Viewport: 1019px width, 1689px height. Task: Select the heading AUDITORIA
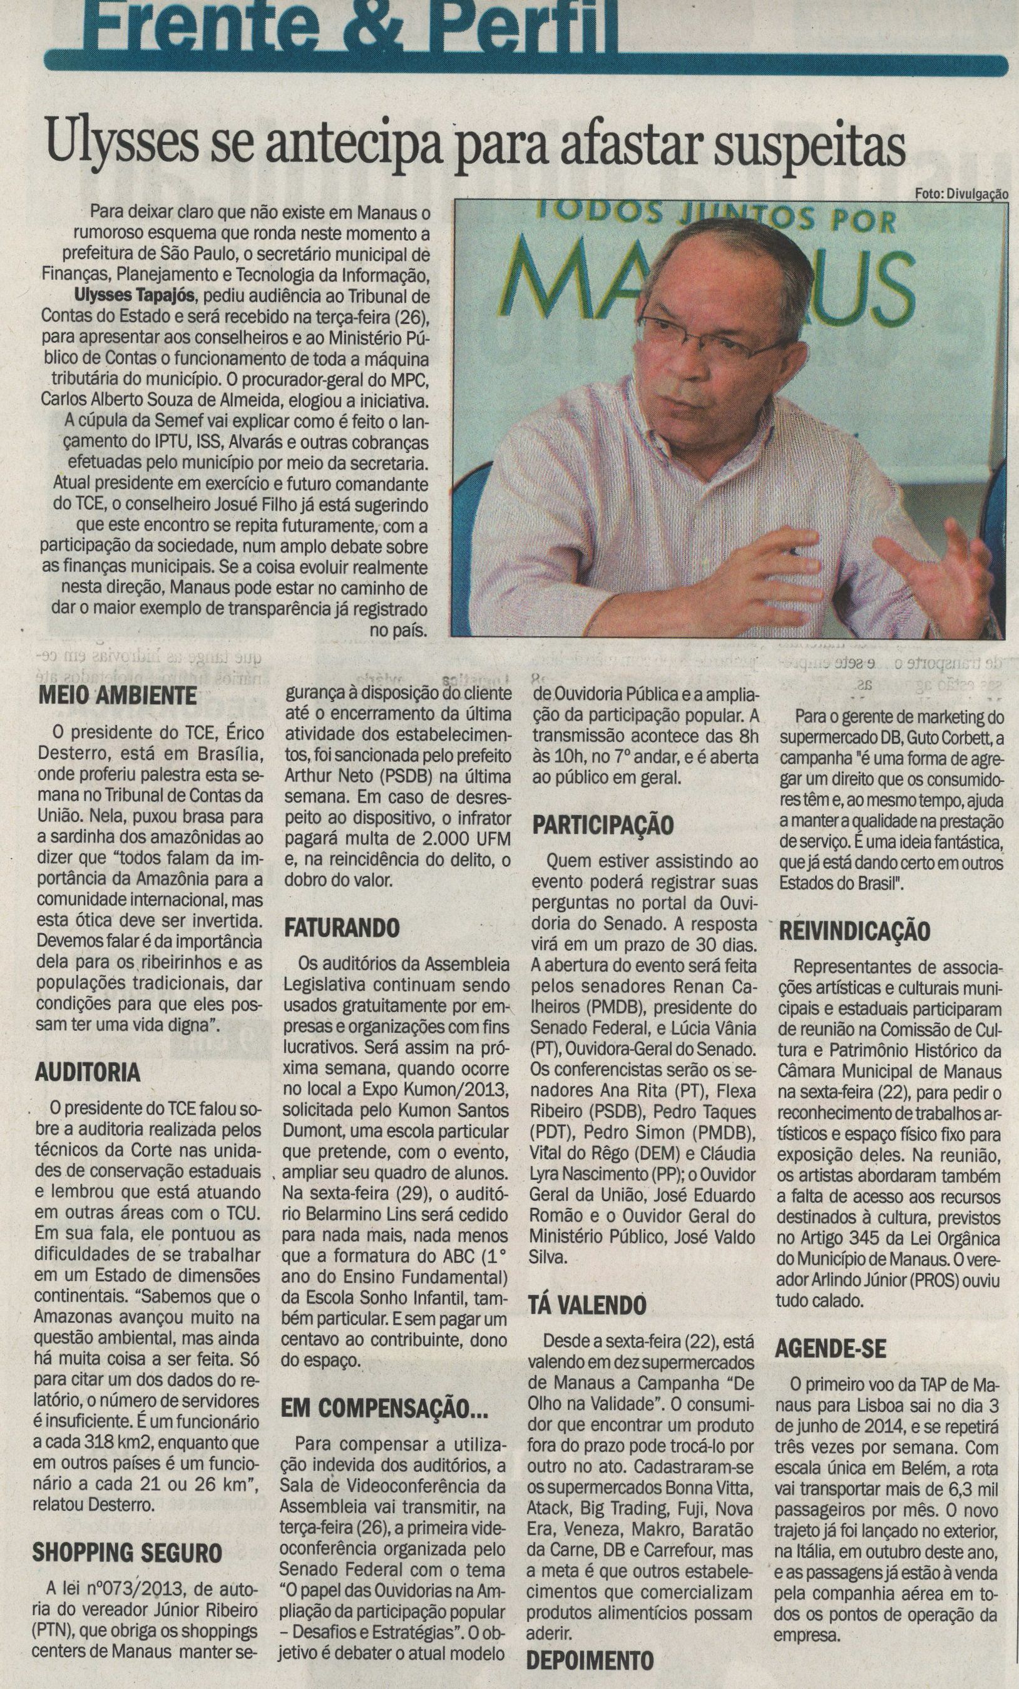(87, 1072)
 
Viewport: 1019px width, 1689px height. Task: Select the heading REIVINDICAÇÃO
(853, 930)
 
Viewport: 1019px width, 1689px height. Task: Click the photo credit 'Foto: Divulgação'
(961, 194)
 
